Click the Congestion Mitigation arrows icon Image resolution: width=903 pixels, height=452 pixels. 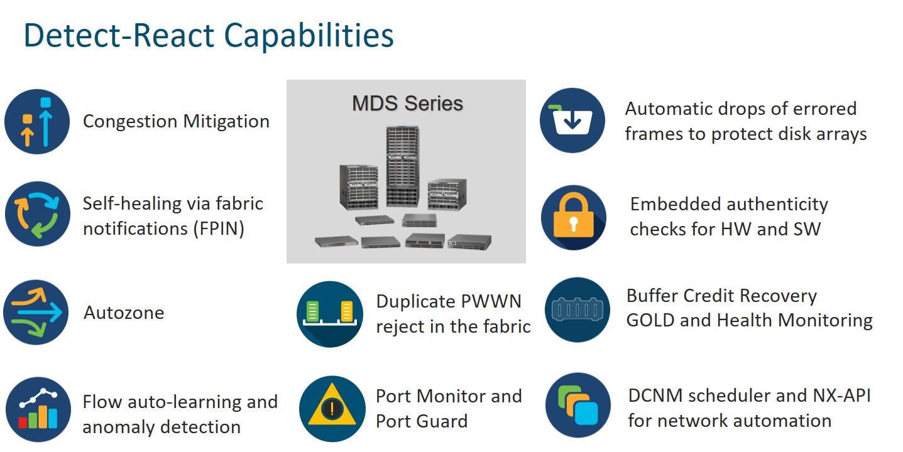point(37,122)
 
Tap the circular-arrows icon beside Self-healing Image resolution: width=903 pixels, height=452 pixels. point(37,215)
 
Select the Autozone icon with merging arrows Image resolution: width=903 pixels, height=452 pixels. point(36,312)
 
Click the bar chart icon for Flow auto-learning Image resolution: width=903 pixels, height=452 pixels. point(38,409)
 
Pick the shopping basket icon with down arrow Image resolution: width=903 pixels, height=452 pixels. point(572,121)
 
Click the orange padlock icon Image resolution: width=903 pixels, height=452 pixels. point(573,217)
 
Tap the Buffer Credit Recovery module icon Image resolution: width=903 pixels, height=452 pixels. point(577,310)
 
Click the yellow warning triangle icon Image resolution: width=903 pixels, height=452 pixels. point(331,409)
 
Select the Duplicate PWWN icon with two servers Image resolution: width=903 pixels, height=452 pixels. point(330,314)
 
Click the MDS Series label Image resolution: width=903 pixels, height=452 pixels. point(407,103)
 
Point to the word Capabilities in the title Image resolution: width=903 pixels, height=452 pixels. point(309,36)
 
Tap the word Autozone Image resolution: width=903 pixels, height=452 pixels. point(124,313)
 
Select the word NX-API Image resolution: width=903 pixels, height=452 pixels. point(839,395)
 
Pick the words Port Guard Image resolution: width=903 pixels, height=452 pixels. point(422,421)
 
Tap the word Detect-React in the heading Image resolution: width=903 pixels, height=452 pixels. point(120,36)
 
